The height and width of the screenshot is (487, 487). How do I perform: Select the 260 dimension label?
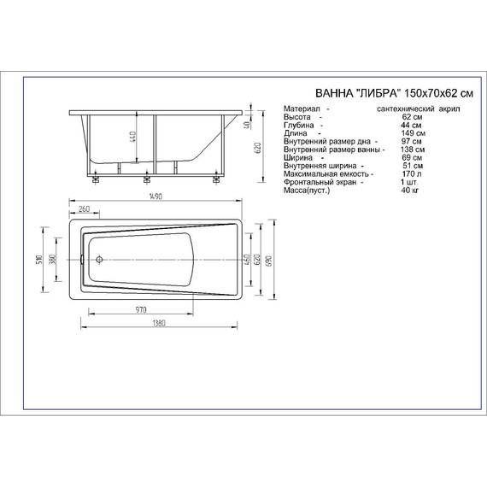84,210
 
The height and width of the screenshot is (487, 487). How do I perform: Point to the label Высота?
298,119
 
